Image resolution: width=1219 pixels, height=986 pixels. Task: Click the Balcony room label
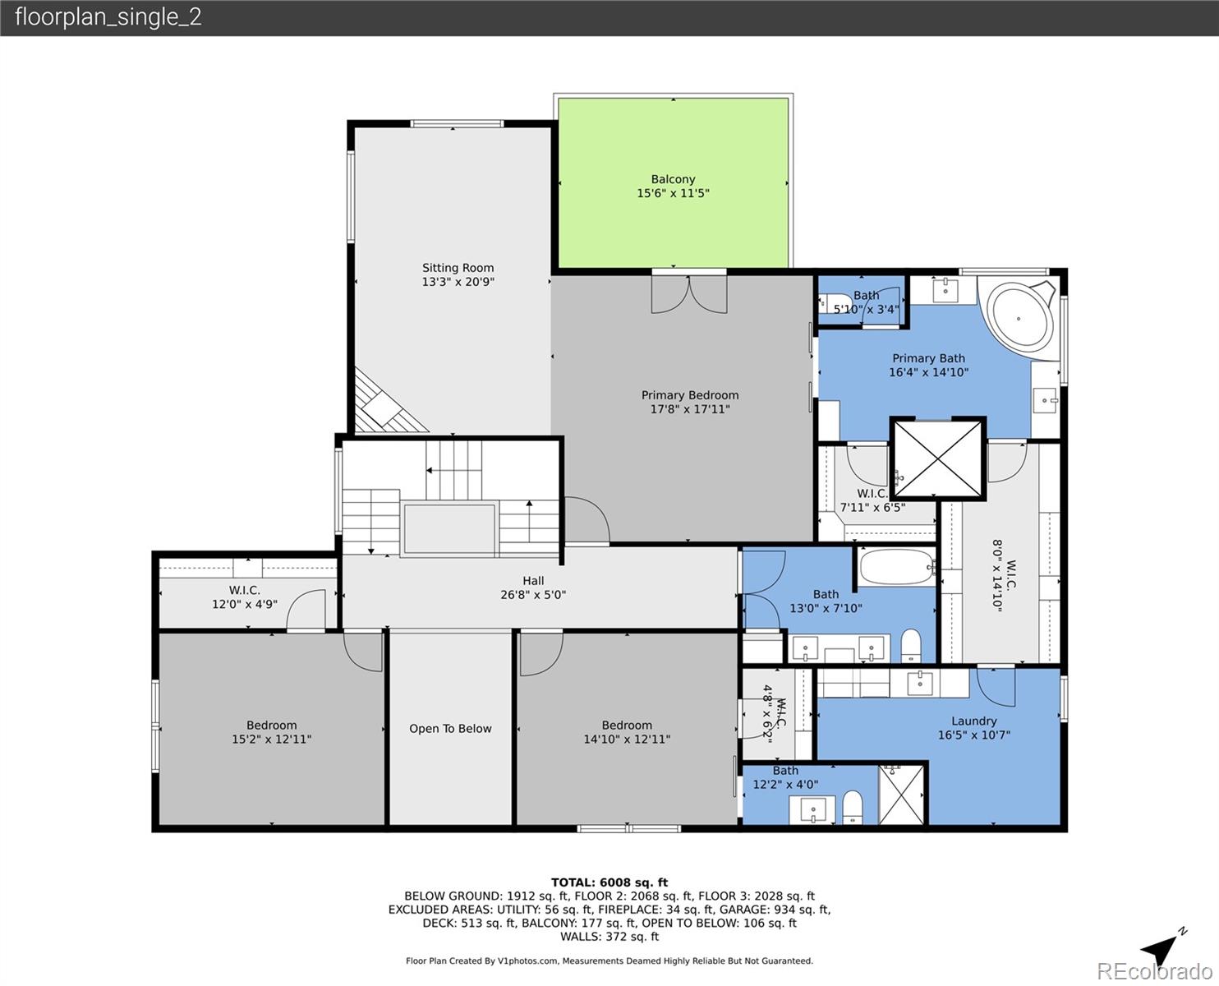673,179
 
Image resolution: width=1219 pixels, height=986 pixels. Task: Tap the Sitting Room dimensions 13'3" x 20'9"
458,282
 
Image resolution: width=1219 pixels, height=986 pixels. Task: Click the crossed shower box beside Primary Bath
937,459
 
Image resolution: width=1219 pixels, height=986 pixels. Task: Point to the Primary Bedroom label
689,395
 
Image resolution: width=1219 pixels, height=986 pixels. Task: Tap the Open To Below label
450,729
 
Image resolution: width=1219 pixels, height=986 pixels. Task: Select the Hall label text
533,581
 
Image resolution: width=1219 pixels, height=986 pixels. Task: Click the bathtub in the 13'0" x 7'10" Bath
896,566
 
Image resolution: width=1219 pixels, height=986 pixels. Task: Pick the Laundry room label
973,721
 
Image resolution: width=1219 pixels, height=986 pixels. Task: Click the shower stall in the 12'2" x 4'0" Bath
901,795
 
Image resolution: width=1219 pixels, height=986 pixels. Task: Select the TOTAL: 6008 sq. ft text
609,882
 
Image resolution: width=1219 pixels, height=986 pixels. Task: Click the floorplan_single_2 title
108,17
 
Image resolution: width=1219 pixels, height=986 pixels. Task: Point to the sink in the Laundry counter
920,681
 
